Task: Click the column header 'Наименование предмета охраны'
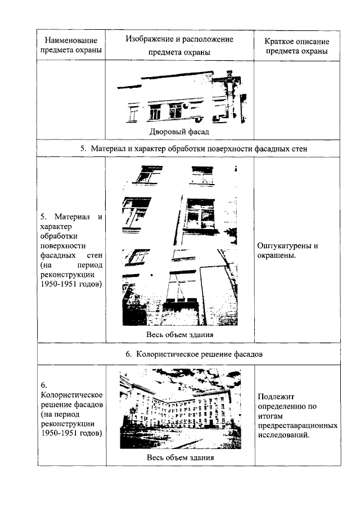71,46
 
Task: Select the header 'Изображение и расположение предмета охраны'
179,46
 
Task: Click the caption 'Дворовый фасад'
179,132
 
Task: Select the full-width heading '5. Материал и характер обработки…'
189,149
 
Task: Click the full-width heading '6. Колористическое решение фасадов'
189,355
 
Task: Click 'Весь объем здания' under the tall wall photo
179,335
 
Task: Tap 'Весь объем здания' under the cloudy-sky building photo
179,457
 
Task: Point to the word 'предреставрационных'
297,425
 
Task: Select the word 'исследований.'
282,434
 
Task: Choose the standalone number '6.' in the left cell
44,385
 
